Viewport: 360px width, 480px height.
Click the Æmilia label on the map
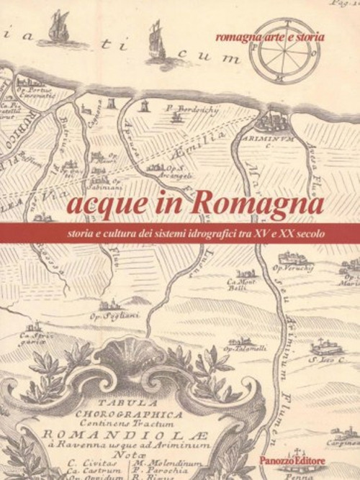(210, 140)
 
